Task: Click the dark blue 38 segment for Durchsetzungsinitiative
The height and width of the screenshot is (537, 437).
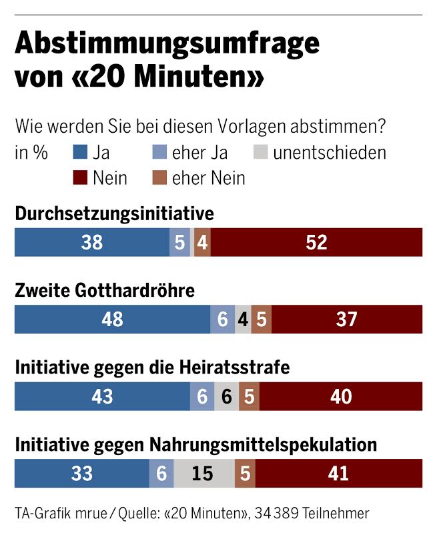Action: pos(92,242)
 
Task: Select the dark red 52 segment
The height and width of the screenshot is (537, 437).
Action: pos(317,242)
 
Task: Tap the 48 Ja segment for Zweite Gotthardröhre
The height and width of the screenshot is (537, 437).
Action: pos(112,320)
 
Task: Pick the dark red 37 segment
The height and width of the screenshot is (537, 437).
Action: pos(347,320)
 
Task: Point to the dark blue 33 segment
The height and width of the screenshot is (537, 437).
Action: pos(81,474)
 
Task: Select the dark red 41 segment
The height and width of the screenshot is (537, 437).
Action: pos(339,474)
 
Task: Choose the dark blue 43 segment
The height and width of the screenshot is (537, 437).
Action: pos(102,396)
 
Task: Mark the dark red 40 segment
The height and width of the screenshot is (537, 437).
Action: pos(341,396)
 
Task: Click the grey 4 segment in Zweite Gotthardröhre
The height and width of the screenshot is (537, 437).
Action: pos(244,320)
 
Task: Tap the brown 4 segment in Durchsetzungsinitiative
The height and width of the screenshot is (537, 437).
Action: pos(202,242)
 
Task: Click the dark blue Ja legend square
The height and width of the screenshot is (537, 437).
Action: pos(80,153)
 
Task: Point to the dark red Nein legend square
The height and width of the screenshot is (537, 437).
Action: pos(80,178)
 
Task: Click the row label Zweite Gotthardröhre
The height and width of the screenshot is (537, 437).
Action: pos(105,291)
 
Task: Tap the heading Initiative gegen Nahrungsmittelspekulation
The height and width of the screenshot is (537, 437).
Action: pos(196,444)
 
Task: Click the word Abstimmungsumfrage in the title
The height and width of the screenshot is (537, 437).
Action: pos(167,44)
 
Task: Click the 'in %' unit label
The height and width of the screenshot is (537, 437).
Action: pos(31,153)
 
